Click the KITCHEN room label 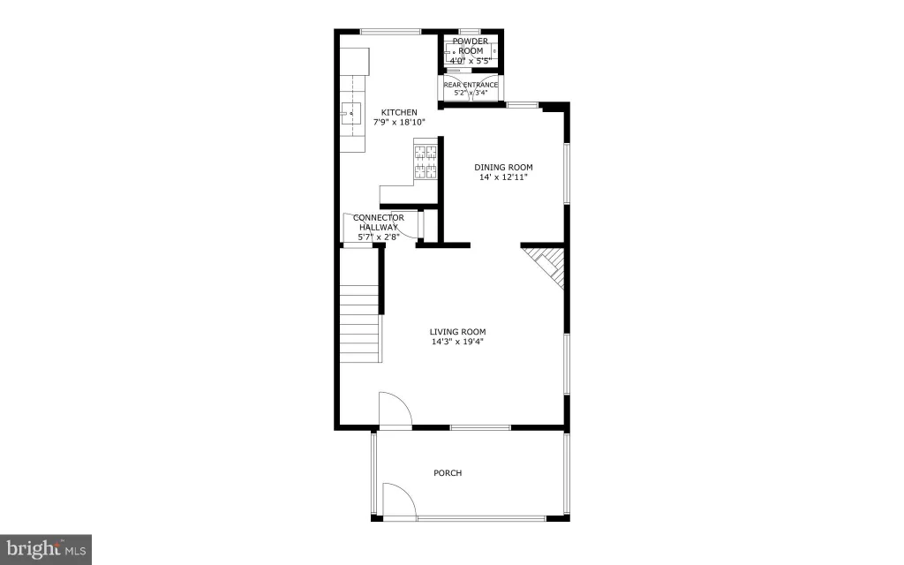399,112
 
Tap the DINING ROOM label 503,167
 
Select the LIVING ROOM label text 458,332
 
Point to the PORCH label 448,473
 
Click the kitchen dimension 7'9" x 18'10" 399,122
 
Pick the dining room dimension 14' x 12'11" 503,177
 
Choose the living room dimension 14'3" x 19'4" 458,342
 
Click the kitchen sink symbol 350,114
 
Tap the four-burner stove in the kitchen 426,162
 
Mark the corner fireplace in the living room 549,265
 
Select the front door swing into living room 395,411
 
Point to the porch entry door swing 399,501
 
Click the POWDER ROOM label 471,46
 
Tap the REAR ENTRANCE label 471,85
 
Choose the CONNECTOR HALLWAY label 378,222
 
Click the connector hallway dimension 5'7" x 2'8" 378,237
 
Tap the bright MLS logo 46,549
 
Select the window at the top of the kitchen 391,31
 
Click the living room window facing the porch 480,427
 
